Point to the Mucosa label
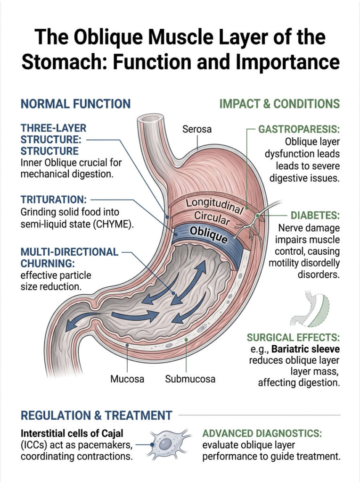[x=127, y=378]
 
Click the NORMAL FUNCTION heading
[x=75, y=104]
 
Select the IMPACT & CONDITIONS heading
[x=279, y=104]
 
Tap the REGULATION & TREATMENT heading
[x=97, y=416]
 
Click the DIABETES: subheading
[x=315, y=215]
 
